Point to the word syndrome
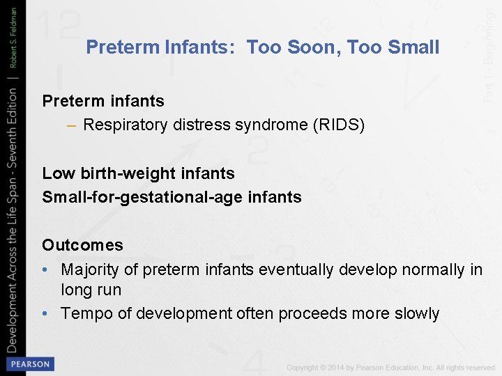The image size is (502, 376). coord(267,125)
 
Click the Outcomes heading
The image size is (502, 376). coord(82,245)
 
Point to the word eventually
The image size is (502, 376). coord(296,269)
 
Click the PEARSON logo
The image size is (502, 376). coord(29,364)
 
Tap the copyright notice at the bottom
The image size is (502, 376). coord(390,368)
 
